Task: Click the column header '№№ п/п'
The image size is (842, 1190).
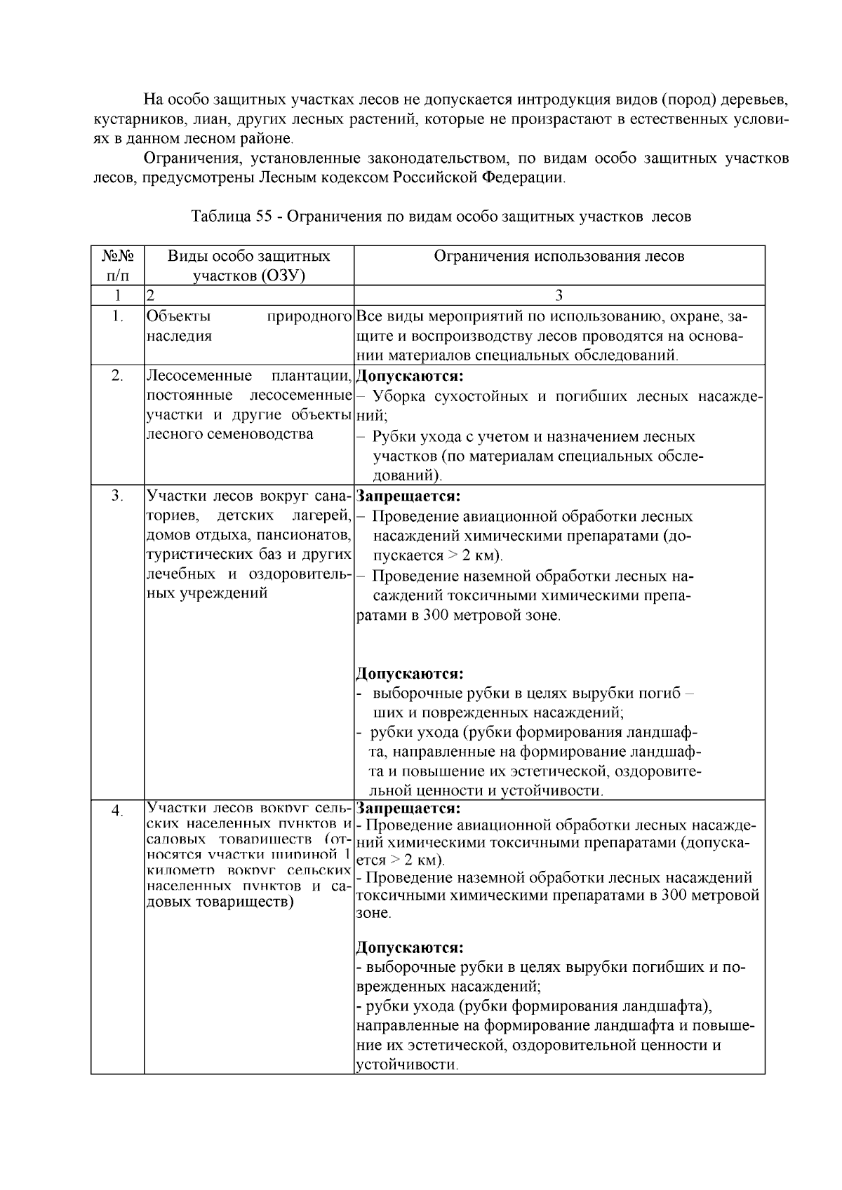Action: click(x=117, y=266)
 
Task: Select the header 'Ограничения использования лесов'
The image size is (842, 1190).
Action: click(x=559, y=256)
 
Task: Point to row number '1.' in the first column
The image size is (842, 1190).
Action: click(x=117, y=316)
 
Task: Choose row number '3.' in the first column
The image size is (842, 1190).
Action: click(x=117, y=496)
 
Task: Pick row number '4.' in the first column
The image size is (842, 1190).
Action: click(x=117, y=811)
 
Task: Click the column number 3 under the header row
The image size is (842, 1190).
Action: click(x=559, y=295)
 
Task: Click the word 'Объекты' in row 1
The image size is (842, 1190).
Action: click(x=178, y=316)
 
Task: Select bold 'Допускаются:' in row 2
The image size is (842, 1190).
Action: click(x=410, y=376)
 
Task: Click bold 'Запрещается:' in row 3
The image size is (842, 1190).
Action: click(x=408, y=496)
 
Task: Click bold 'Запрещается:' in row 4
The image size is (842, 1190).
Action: click(x=408, y=807)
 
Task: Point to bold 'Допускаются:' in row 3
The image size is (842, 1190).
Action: click(x=410, y=674)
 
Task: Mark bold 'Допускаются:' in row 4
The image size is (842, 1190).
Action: click(x=410, y=948)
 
